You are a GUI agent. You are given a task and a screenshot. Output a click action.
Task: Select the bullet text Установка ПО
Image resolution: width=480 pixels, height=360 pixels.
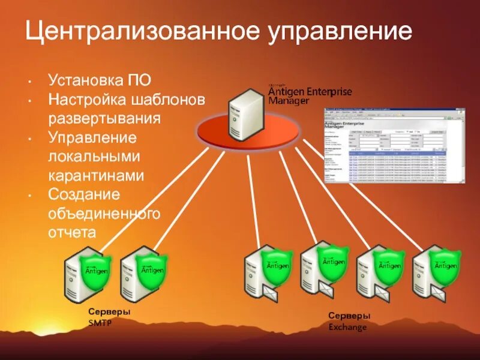[100, 80]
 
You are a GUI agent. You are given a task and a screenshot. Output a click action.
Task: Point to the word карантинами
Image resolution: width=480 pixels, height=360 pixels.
[96, 175]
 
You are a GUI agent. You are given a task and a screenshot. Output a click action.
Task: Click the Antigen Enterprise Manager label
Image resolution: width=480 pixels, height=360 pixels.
[309, 95]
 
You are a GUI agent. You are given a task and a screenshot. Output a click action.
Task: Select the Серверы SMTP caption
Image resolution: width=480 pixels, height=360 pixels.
[109, 317]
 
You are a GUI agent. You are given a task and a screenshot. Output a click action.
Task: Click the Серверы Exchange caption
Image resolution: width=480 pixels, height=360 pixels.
[349, 321]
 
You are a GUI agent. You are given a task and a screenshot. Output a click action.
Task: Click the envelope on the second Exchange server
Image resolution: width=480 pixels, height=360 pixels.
[327, 291]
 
